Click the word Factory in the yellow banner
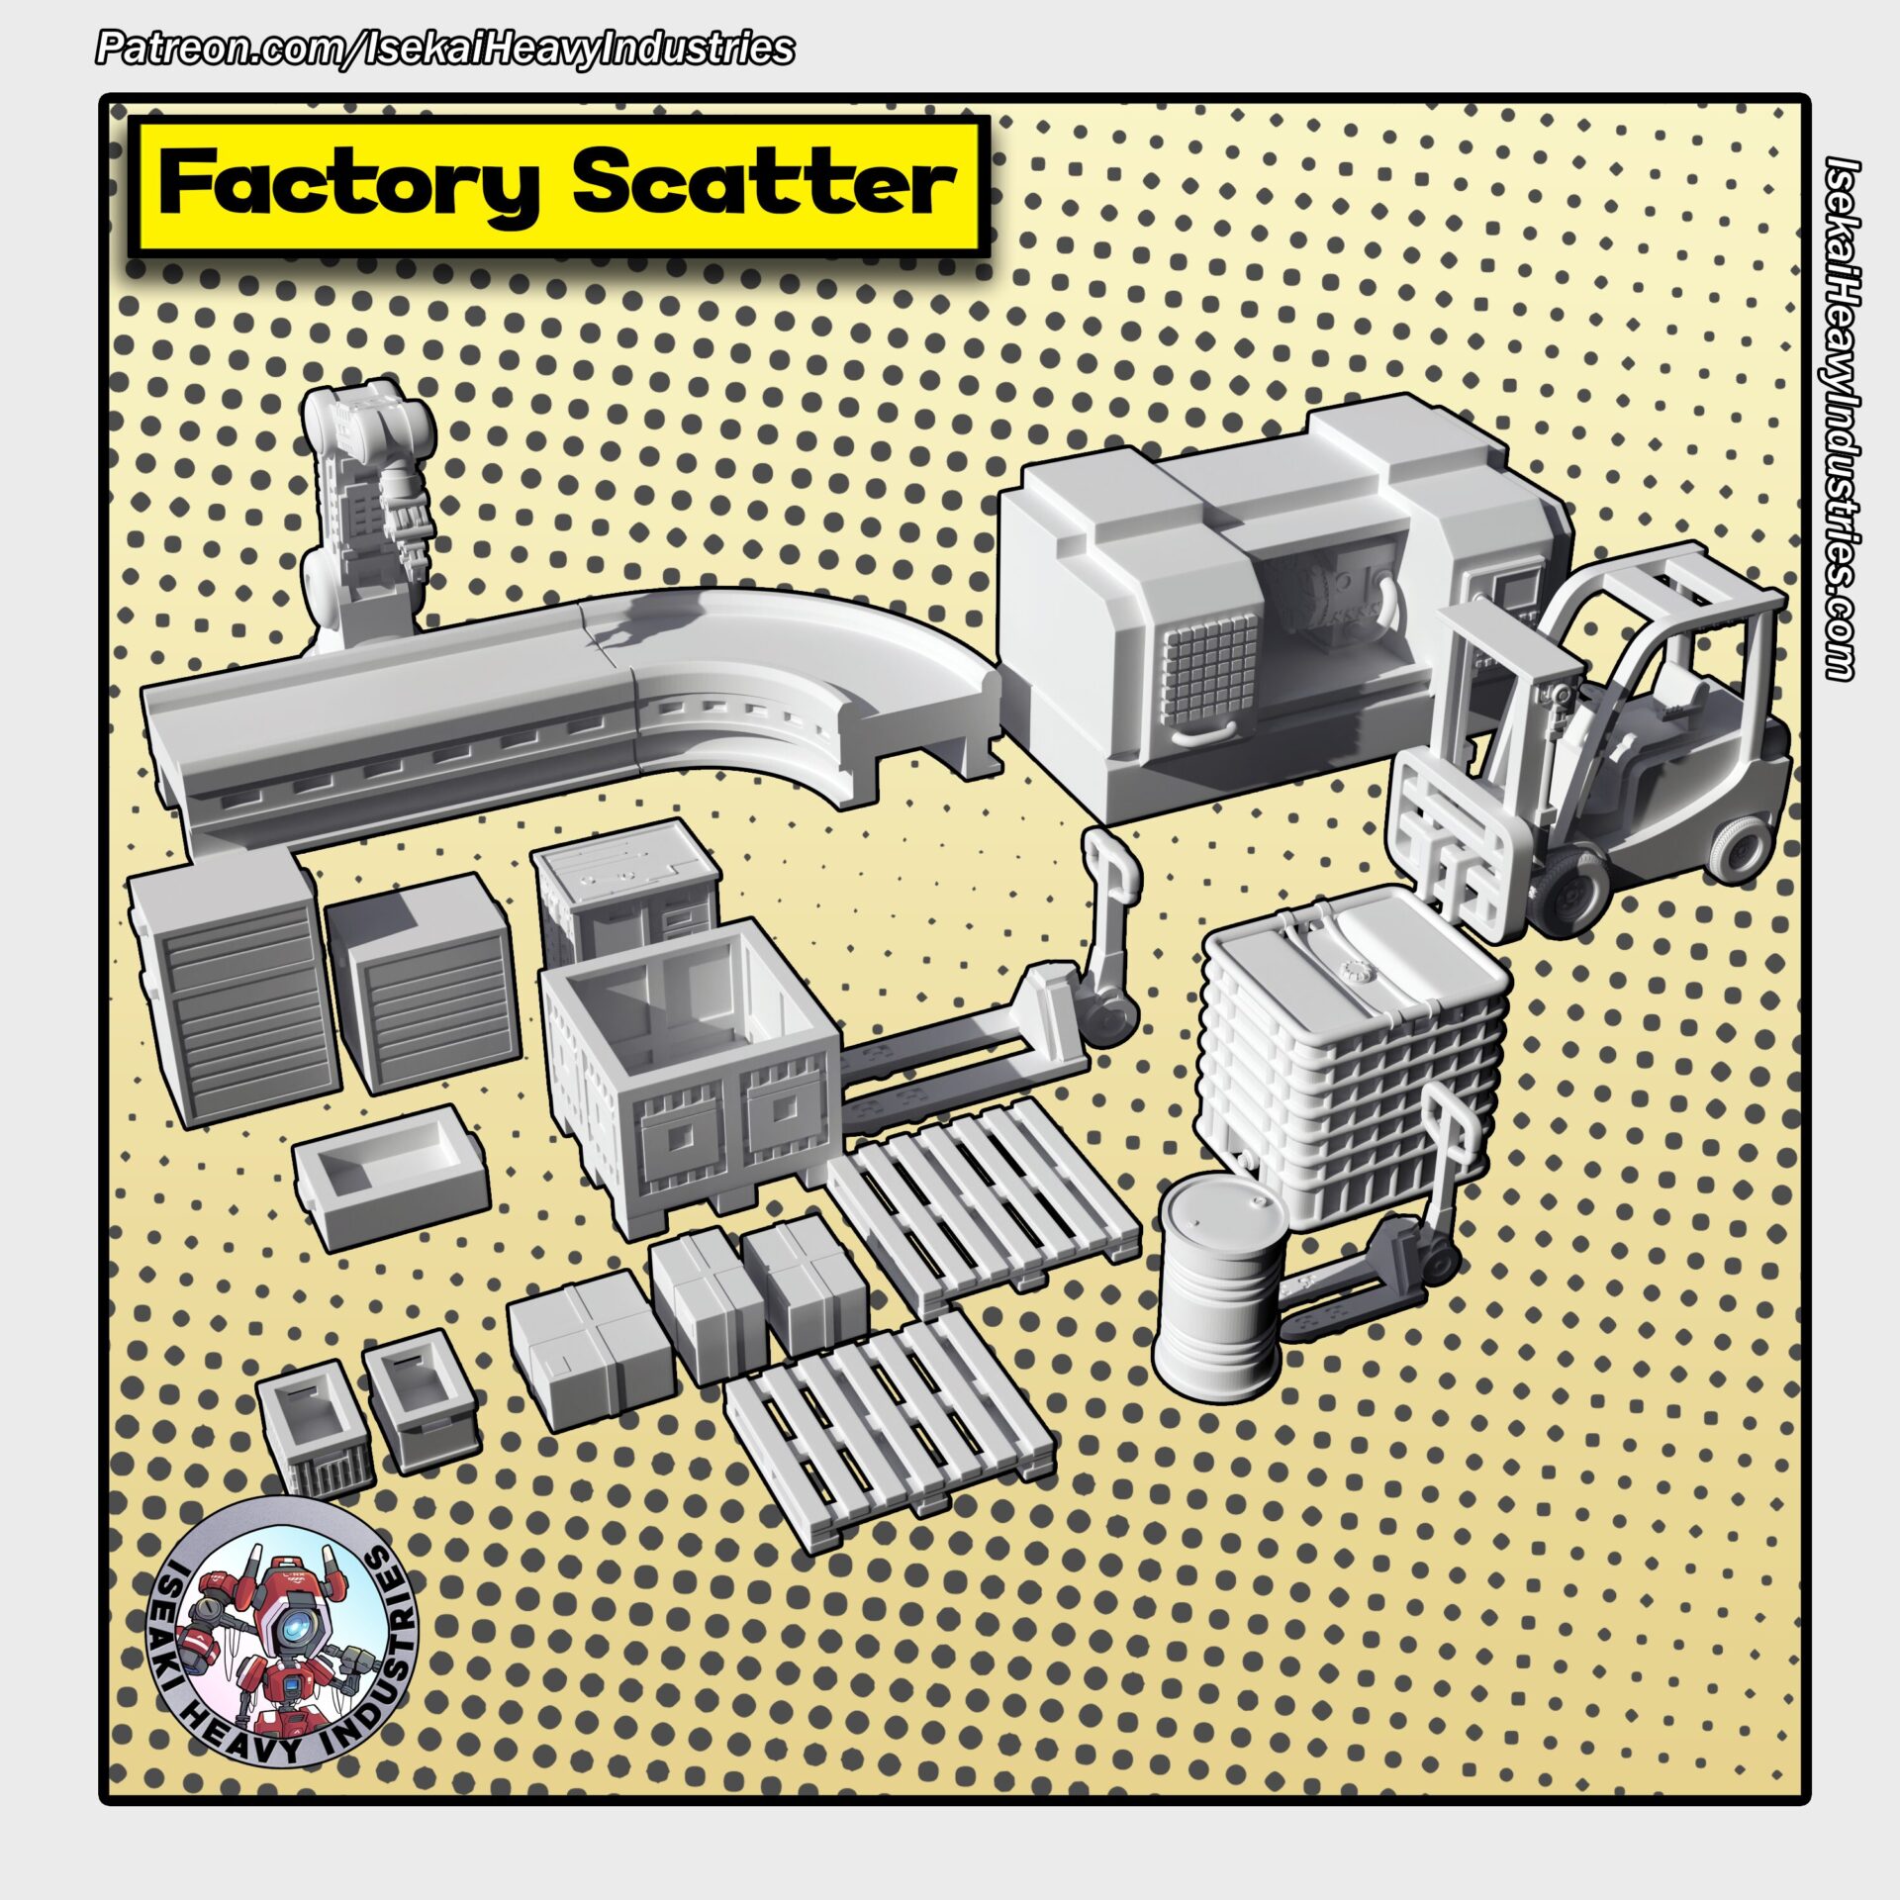pos(349,184)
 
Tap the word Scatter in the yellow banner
pos(763,184)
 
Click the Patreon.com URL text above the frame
pos(444,48)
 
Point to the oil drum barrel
pos(1223,1287)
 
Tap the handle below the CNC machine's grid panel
pos(1202,733)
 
